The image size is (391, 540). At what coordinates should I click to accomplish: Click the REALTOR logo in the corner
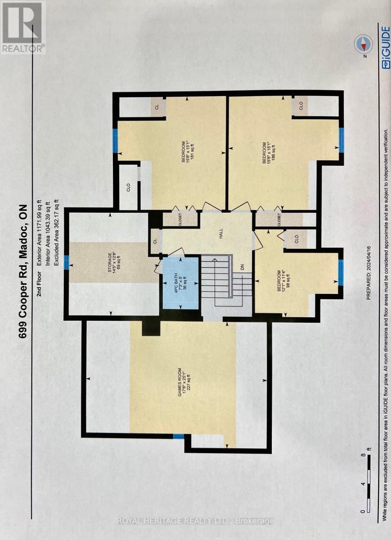[23, 27]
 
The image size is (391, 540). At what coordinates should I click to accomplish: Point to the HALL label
[221, 236]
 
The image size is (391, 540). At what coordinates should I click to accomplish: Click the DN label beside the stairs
[242, 267]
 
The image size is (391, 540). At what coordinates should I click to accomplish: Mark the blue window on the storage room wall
[66, 262]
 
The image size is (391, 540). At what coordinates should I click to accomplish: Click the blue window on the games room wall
[179, 436]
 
